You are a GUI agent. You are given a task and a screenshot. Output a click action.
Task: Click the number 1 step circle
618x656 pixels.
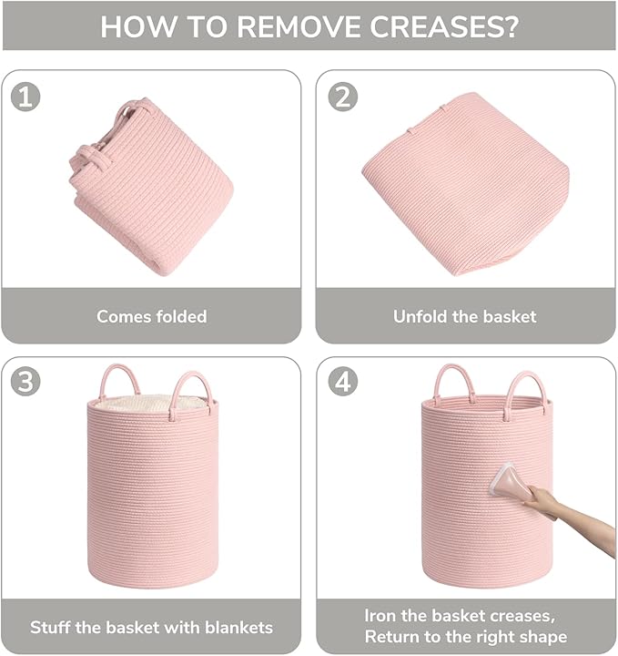click(25, 97)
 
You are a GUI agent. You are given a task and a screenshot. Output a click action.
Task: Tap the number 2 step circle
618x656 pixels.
click(342, 97)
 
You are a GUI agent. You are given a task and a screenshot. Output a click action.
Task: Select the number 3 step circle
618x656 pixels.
click(25, 382)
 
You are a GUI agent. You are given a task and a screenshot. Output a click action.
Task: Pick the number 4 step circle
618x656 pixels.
click(342, 382)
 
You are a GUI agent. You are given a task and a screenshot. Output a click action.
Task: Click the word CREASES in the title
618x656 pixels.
click(444, 26)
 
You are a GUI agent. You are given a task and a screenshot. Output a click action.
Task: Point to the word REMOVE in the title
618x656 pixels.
click(299, 26)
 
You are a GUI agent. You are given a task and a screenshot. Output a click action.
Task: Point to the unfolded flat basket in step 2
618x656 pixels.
click(466, 184)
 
